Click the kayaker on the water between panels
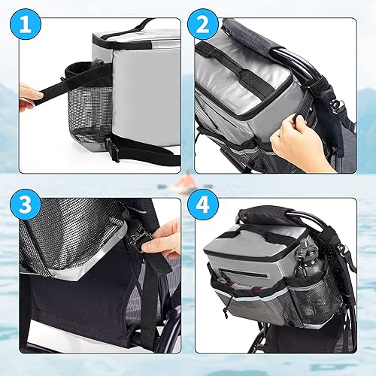pos(183,183)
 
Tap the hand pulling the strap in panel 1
pos(29,95)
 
